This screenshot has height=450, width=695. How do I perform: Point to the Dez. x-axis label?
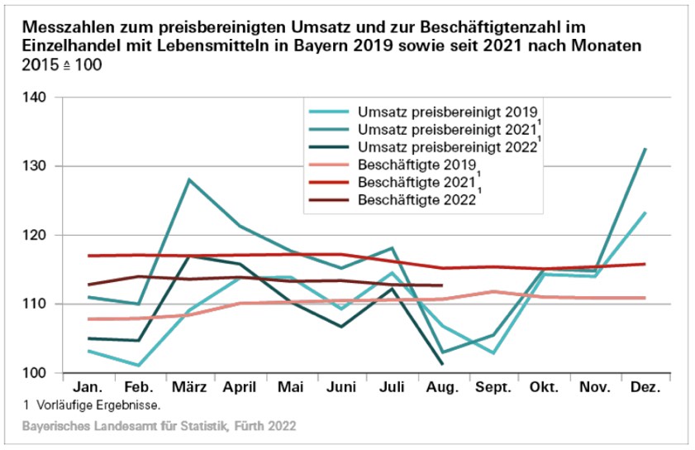644,388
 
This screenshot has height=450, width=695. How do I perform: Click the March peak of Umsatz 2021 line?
189,180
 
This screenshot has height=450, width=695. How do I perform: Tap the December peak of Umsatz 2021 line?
645,149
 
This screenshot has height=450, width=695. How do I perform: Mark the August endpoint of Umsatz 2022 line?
442,363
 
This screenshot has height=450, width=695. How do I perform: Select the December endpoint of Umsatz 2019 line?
645,213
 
